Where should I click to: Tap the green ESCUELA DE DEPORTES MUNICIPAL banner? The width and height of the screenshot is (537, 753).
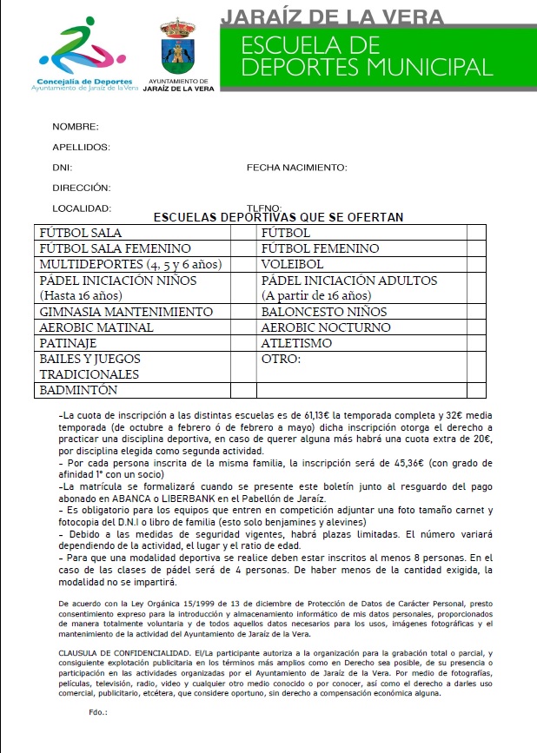376,56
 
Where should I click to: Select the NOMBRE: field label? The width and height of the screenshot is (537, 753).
76,127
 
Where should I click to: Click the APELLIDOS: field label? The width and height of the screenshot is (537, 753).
81,148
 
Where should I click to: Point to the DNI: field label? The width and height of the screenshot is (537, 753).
62,168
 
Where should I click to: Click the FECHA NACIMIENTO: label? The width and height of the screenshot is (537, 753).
296,168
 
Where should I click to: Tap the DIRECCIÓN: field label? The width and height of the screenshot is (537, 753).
81,188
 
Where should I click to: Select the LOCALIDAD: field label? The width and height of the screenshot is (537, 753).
82,208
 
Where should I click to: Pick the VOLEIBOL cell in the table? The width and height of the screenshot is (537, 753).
292,264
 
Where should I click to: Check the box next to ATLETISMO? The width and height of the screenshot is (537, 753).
475,343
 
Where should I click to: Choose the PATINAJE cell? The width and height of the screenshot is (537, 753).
68,343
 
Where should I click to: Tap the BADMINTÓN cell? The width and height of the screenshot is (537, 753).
79,391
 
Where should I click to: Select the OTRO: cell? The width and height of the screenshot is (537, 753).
281,359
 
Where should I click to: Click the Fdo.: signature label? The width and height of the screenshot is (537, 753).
97,711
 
